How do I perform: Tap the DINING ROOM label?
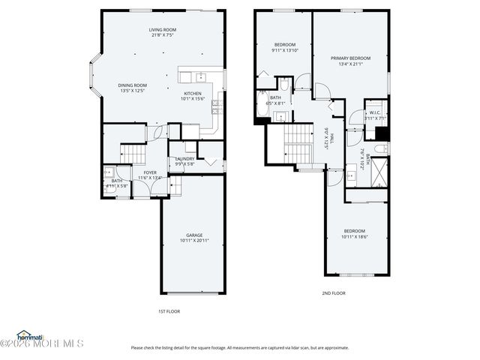point(132,85)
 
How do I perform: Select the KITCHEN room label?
point(193,93)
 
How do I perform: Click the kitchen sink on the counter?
point(200,76)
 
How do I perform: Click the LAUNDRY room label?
point(184,158)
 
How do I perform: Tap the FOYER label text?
point(151,172)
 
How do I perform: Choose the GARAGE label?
point(194,235)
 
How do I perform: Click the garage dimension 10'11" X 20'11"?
point(194,241)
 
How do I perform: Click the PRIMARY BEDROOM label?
point(350,58)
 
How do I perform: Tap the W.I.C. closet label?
point(374,112)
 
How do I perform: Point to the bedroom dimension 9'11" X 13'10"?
point(285,50)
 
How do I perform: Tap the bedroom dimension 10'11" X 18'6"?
point(355,237)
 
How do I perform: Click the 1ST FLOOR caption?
point(168,311)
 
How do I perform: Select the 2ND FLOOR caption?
point(334,293)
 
